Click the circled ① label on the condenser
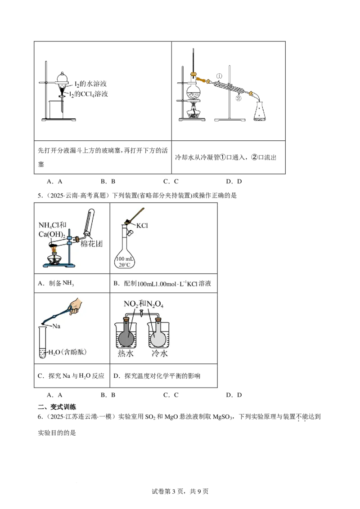pos(219,76)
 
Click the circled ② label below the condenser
pos(238,98)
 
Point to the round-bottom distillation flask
pos(193,91)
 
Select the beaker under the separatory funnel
pos(55,110)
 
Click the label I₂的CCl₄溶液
pos(89,94)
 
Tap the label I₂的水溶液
pos(90,84)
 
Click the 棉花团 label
pos(92,244)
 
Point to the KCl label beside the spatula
pos(142,226)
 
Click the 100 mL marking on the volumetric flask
pos(125,259)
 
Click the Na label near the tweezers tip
pos(56,326)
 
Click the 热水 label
pos(126,353)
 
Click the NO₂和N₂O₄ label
pos(143,304)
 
